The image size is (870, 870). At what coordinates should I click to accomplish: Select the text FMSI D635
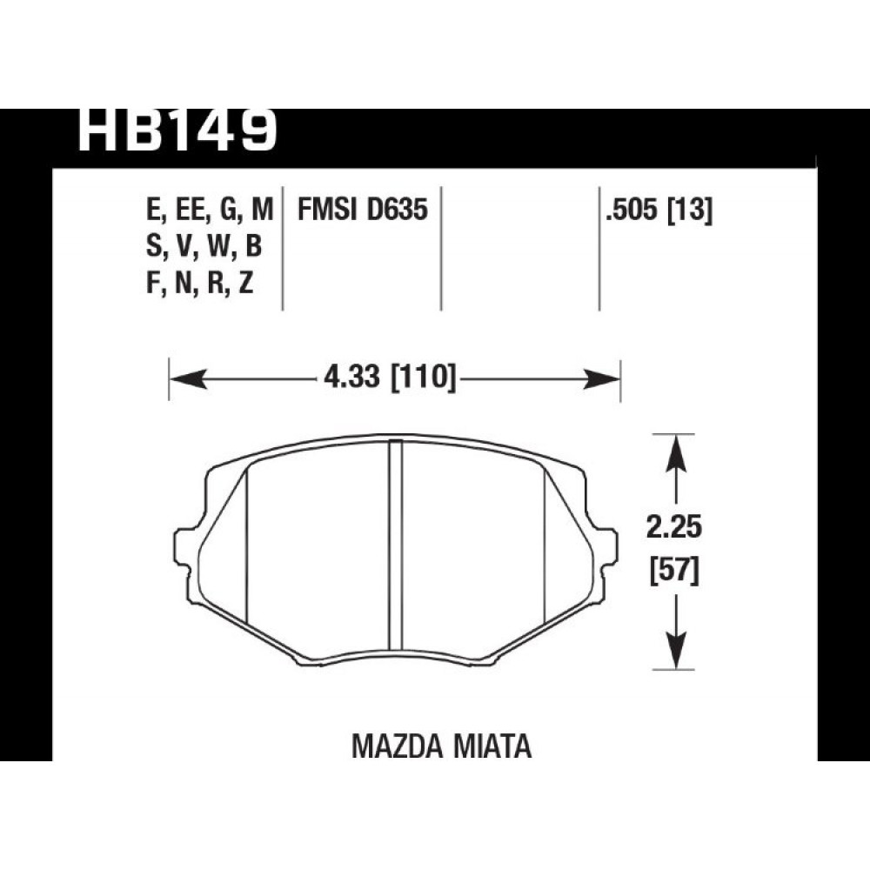coord(363,210)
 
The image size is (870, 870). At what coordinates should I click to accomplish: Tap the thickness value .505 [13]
coord(659,211)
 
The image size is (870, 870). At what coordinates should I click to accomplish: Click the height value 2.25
coord(674,526)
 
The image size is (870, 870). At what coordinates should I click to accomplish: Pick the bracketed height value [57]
coord(674,571)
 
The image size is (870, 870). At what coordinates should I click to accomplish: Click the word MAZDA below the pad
coord(397,746)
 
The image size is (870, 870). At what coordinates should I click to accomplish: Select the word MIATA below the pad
coord(492,746)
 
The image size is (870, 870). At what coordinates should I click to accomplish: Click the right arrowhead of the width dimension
coord(600,379)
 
